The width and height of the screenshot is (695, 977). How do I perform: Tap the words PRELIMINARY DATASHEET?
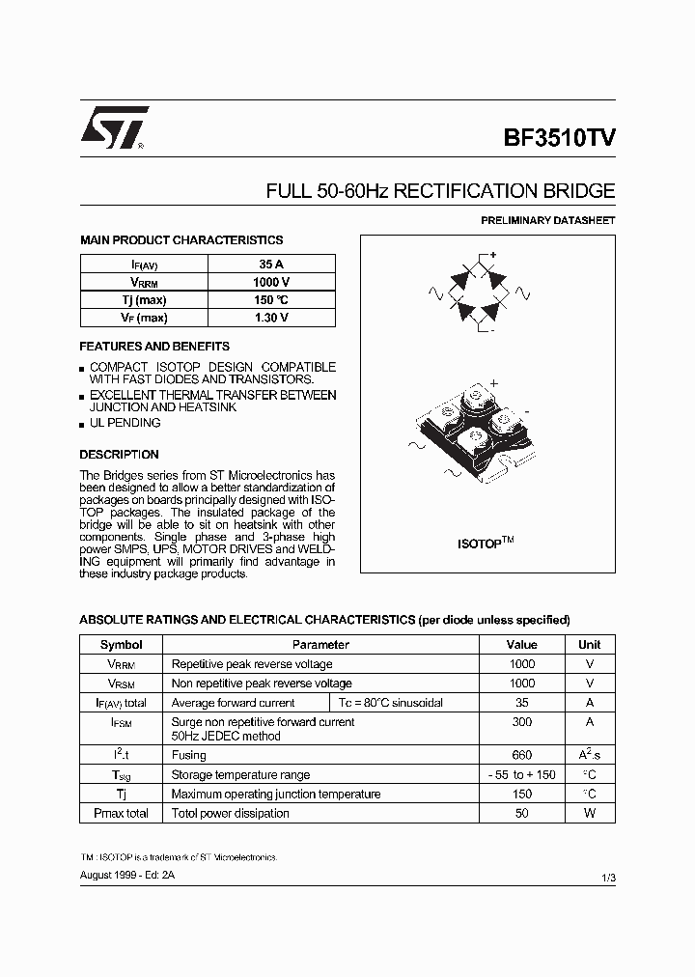[x=547, y=221]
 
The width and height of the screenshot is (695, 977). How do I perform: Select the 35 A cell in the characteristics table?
[x=271, y=264]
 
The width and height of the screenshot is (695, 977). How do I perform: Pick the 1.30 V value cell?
[x=271, y=318]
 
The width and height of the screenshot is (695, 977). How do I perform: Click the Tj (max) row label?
[x=143, y=300]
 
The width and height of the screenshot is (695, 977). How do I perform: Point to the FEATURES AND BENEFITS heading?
[x=153, y=346]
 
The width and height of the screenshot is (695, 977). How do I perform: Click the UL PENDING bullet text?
[x=125, y=423]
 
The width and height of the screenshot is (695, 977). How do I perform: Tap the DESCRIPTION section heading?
[x=119, y=455]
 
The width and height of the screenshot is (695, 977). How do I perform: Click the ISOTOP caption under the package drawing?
[x=485, y=544]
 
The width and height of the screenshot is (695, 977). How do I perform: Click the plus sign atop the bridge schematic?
[x=492, y=255]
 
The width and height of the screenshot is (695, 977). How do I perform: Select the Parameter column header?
[x=320, y=645]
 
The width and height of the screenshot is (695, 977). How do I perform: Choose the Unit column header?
[x=589, y=645]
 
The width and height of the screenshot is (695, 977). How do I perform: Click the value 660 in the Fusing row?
[x=521, y=755]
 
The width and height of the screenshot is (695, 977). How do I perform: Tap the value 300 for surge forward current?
[x=521, y=722]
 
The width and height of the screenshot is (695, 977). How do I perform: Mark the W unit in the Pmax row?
[x=589, y=813]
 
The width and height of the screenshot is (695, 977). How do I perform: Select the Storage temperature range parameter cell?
[x=240, y=774]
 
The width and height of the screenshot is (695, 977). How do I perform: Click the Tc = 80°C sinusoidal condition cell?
[x=390, y=703]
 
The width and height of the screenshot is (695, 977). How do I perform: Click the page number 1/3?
[x=607, y=876]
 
